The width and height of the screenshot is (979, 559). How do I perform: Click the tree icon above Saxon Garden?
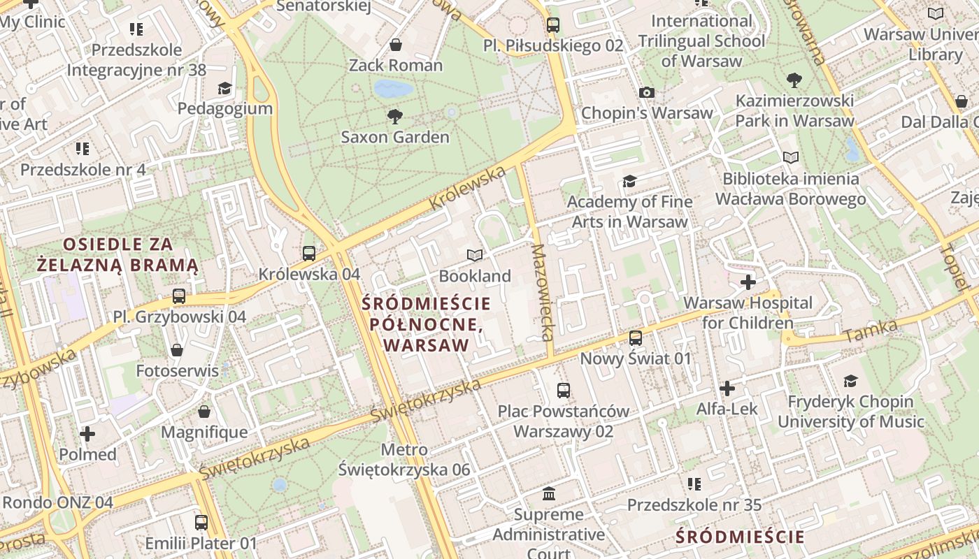395,116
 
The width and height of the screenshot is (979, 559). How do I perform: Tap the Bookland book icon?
475,256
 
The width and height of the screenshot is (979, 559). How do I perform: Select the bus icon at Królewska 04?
309,254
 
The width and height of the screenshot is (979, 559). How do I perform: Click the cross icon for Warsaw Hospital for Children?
748,282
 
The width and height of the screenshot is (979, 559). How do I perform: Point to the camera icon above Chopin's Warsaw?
647,92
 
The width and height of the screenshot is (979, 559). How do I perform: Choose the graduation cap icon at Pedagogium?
224,88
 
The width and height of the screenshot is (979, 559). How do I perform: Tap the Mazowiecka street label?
543,301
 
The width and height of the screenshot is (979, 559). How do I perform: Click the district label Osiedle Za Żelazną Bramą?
118,255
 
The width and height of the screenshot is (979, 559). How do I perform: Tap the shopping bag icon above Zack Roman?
396,45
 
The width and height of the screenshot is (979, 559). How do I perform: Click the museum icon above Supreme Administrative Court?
549,494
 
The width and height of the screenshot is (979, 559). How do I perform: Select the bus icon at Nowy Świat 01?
636,338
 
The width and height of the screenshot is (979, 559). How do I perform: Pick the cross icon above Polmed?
87,435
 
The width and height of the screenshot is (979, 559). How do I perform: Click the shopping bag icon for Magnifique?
204,412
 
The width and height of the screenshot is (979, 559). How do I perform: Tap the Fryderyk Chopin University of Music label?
850,412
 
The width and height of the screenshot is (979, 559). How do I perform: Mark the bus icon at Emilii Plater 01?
201,522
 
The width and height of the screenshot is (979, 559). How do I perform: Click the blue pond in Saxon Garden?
393,89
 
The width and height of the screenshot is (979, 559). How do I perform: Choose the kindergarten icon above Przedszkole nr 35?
694,484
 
